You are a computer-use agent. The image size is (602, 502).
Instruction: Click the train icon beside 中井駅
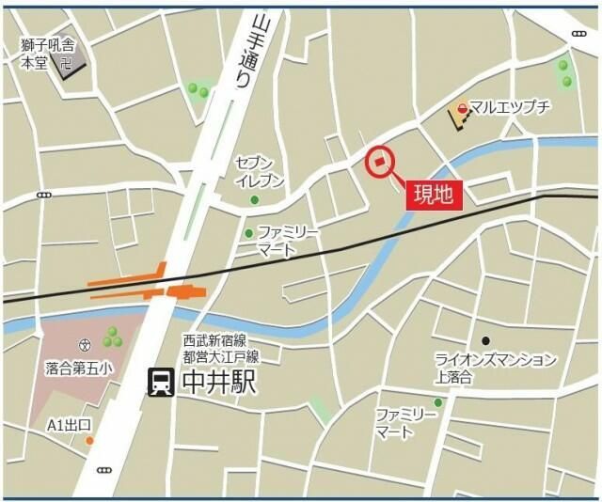tap(161, 381)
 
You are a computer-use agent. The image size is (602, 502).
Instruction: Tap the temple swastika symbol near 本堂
tap(66, 66)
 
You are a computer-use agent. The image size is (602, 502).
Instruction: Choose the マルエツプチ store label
tap(510, 109)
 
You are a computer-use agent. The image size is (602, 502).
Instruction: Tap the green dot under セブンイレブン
tap(254, 199)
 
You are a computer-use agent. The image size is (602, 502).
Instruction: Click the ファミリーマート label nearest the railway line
tap(289, 240)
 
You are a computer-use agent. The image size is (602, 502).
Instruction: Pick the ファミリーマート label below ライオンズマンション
tap(406, 423)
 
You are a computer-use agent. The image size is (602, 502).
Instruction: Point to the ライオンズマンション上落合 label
tap(495, 368)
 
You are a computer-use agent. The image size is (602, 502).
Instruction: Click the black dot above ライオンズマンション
tap(485, 340)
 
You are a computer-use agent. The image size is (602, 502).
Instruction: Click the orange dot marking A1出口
tap(89, 440)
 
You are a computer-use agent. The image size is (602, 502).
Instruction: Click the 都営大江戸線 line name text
tap(220, 356)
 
